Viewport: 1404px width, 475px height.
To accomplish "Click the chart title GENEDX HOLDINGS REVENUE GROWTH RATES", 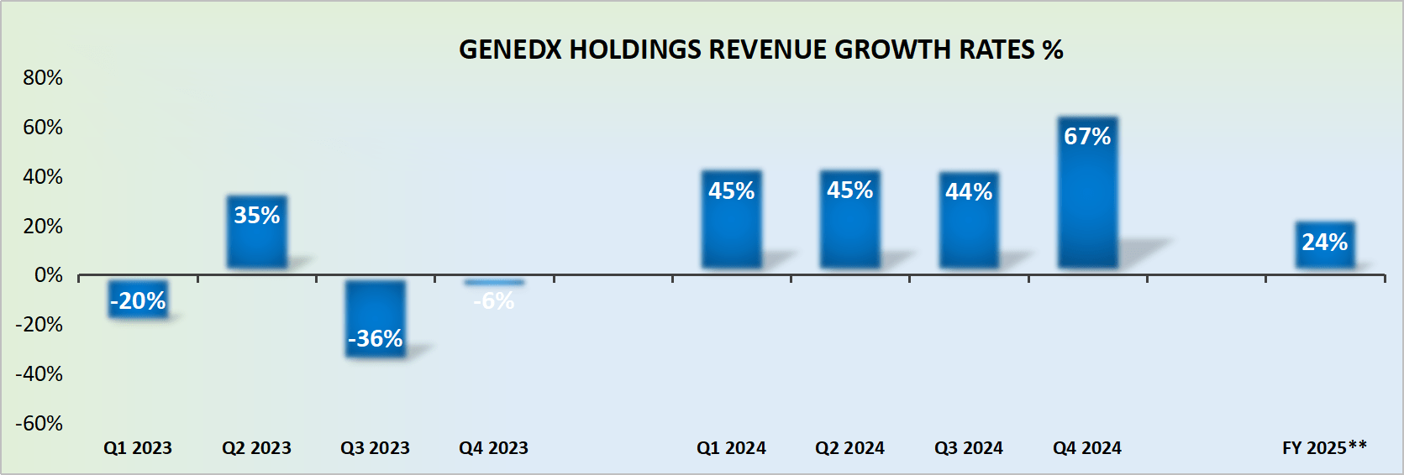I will (760, 50).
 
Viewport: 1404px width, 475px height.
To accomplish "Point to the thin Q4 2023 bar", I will (494, 282).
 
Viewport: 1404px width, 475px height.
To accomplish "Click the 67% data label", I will (1087, 136).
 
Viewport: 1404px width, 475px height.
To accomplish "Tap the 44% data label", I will (968, 192).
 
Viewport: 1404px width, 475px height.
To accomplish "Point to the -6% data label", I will (494, 300).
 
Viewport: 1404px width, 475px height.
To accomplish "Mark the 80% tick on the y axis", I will (43, 78).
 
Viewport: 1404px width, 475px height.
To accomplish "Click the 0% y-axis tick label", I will (48, 275).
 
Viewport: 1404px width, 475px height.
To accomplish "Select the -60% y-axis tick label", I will (39, 423).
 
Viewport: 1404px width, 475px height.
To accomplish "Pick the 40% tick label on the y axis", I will (43, 177).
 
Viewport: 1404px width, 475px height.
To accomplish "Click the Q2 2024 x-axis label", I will (849, 448).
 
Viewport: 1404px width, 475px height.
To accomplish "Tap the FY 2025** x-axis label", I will (1324, 448).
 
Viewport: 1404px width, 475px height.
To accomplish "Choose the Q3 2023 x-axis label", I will (375, 448).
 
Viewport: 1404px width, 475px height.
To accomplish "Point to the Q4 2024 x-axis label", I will (1087, 448).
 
